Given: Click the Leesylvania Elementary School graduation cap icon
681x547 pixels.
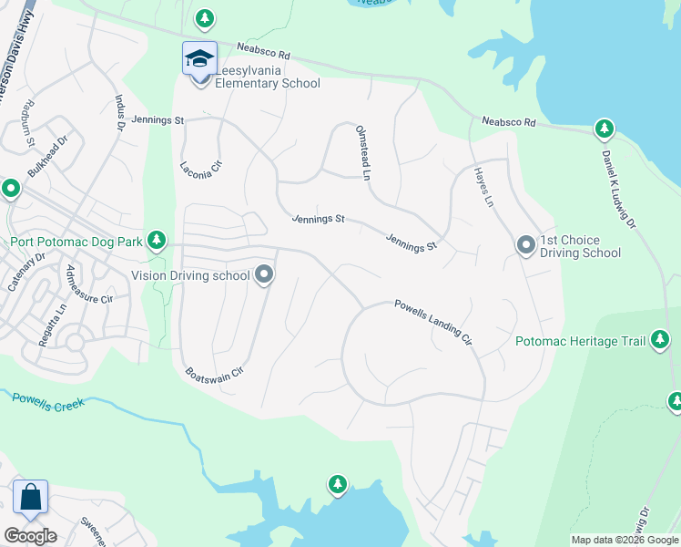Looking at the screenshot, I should tap(199, 59).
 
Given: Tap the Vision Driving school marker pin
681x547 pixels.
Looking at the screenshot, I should tap(264, 274).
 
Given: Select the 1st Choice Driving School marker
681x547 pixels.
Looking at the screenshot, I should tap(525, 245).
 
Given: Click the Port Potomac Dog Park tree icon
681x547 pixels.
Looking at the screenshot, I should tap(158, 240).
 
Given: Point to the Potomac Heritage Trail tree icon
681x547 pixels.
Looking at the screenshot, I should tap(660, 342).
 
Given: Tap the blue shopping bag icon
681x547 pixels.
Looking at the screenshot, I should tap(30, 498).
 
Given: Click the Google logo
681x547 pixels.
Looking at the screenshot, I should tap(30, 536).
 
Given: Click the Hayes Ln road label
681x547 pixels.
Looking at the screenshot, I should tap(483, 186).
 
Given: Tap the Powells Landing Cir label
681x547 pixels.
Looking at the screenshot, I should tap(432, 321).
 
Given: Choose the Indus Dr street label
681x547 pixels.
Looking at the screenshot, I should tap(118, 114).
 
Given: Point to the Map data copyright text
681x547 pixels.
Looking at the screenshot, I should tap(625, 540).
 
